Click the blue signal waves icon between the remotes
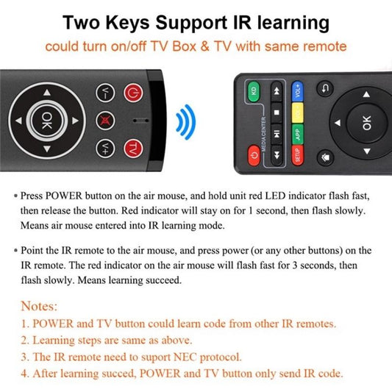tap(188, 120)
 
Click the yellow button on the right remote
tap(298, 114)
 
